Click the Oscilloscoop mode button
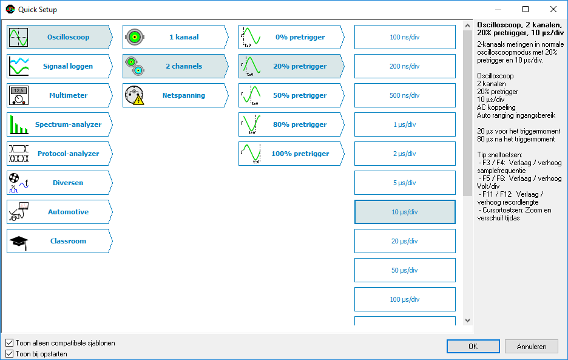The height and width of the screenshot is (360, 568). [59, 37]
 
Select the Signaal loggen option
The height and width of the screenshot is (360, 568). [59, 66]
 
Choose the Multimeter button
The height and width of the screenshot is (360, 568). [59, 95]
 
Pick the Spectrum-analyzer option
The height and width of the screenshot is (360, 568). [59, 124]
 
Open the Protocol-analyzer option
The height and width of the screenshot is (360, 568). [59, 154]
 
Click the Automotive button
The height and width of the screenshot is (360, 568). [59, 212]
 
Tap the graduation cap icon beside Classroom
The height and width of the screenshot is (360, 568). [19, 242]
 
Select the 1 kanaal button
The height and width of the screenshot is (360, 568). [175, 37]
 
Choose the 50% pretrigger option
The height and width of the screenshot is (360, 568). [291, 95]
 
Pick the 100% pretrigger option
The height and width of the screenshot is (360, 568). [291, 154]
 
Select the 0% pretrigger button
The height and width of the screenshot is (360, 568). [291, 37]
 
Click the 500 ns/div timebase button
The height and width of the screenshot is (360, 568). [405, 95]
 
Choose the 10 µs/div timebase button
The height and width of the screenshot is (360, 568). [405, 212]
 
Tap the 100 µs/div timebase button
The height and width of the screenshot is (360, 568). [405, 299]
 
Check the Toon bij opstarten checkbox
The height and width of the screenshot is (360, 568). [10, 353]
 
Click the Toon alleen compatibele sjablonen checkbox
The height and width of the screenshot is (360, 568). [10, 342]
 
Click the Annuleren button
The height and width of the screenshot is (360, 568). [532, 347]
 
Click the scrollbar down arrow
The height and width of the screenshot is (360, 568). [467, 321]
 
